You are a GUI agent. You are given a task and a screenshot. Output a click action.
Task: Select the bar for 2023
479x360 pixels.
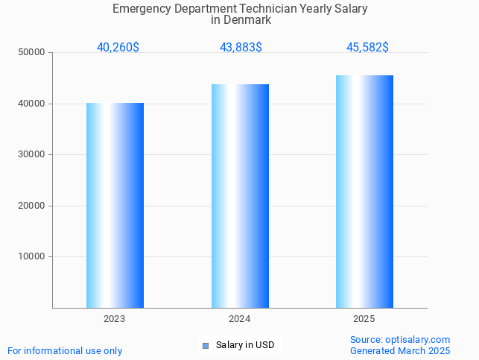[x=115, y=205]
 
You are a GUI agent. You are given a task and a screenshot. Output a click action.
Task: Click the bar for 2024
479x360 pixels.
[x=240, y=196]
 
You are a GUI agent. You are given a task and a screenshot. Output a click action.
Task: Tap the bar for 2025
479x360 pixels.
[x=364, y=192]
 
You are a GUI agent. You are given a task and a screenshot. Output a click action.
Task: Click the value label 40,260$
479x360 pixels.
[x=118, y=48]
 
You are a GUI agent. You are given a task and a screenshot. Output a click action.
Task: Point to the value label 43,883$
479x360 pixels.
[x=241, y=48]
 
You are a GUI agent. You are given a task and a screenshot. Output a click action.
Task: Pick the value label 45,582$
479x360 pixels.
[x=367, y=48]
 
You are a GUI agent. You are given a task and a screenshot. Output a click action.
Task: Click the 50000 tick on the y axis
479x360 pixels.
[x=32, y=53]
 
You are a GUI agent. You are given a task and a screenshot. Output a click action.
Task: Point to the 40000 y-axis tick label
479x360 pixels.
[x=32, y=104]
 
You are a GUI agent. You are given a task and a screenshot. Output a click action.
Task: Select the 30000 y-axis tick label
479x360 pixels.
[x=32, y=155]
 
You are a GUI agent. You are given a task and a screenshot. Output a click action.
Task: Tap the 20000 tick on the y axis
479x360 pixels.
[x=32, y=206]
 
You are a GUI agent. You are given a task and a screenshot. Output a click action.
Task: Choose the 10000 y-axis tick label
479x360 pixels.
[x=32, y=257]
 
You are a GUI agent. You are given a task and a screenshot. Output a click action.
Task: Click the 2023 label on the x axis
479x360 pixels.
[x=115, y=319]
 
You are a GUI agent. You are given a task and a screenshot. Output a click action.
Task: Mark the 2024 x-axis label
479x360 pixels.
[x=240, y=319]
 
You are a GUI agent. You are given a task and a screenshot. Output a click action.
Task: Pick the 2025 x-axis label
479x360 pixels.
[x=364, y=319]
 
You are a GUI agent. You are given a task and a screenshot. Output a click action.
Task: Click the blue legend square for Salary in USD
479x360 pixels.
[x=206, y=345]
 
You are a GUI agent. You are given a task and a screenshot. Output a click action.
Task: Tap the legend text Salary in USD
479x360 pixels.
[x=245, y=345]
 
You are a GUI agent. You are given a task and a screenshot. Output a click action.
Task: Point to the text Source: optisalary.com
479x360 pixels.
[x=400, y=340]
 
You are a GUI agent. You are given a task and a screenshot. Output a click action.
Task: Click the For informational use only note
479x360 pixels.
[x=65, y=351]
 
